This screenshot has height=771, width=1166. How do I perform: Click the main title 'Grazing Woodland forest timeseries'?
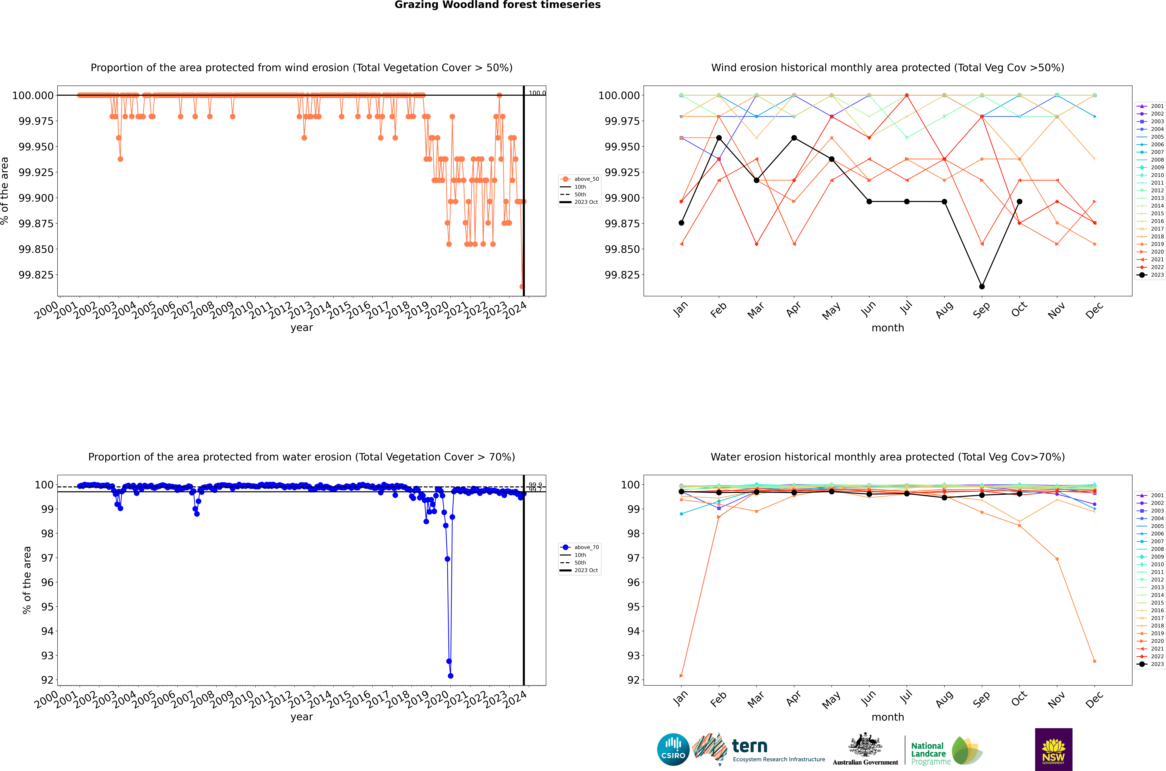tap(497, 5)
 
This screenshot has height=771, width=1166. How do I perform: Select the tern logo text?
tap(749, 746)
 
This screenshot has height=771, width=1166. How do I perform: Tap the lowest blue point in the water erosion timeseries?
tap(451, 676)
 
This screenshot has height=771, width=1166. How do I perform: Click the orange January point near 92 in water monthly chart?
tap(681, 676)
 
